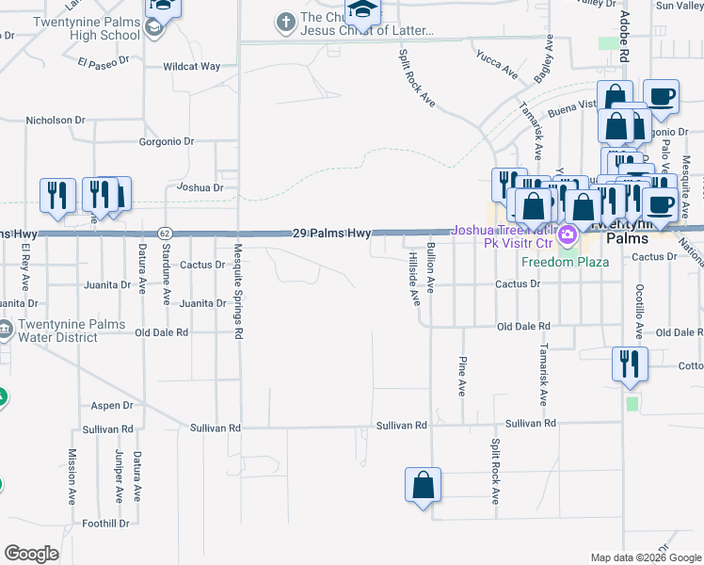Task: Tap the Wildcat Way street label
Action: click(191, 67)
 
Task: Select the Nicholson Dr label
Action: click(56, 121)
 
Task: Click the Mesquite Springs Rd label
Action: click(239, 291)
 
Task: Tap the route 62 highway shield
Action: click(165, 233)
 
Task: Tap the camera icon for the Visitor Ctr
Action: click(568, 234)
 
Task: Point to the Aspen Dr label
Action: click(113, 406)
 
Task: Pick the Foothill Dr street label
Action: click(105, 524)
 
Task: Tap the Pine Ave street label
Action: click(462, 376)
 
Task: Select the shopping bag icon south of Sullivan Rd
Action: click(424, 485)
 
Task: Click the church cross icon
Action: click(285, 21)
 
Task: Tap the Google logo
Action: click(31, 554)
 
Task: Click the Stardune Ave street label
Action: click(166, 269)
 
